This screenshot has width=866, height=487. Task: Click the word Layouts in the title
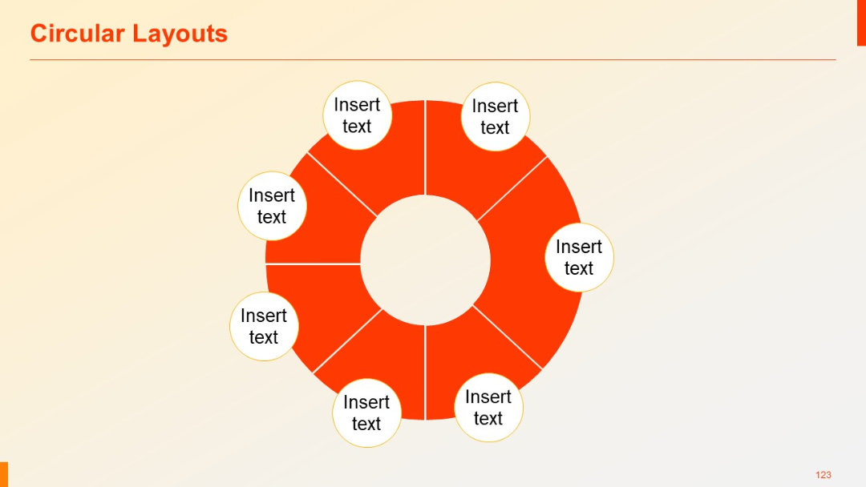click(x=180, y=34)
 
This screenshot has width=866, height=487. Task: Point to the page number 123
click(x=824, y=475)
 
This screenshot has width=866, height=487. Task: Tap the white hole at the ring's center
click(x=425, y=260)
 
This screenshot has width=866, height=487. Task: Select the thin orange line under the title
click(x=433, y=60)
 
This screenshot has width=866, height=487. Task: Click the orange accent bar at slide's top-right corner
click(x=861, y=22)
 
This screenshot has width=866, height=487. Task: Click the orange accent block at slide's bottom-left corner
click(x=4, y=474)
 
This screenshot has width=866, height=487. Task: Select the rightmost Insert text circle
click(x=579, y=257)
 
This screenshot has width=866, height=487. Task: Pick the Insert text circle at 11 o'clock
click(x=357, y=115)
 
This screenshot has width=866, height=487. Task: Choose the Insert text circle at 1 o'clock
click(x=495, y=117)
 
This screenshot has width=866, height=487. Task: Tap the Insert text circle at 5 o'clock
click(x=488, y=408)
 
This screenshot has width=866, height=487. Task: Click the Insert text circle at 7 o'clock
click(x=366, y=413)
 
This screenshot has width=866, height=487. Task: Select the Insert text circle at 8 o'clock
click(x=264, y=326)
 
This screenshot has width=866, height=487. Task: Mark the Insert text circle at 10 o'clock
click(x=272, y=206)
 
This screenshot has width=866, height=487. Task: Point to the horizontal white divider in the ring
click(x=313, y=264)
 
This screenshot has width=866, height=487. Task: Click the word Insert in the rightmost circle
click(x=579, y=247)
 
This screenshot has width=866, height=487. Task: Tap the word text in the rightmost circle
click(x=579, y=268)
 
